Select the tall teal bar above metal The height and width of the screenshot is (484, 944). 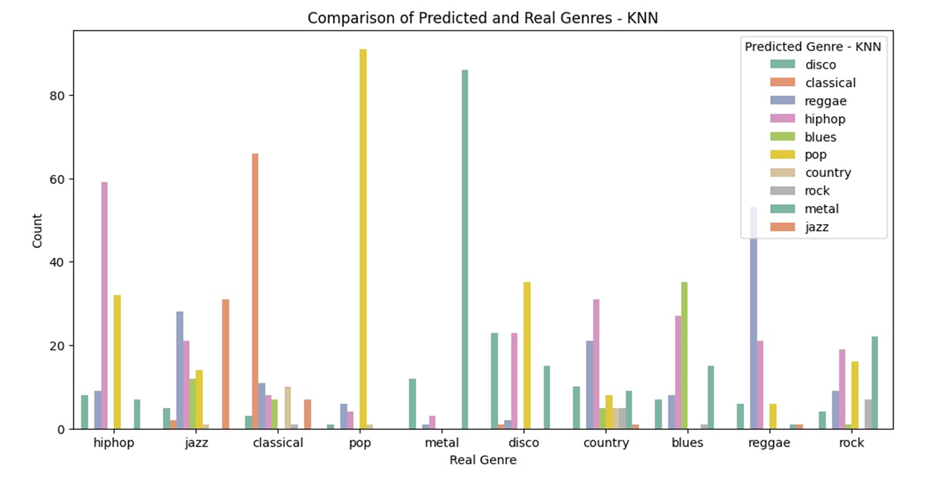tap(465, 249)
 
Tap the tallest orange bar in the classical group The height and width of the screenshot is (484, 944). tap(255, 291)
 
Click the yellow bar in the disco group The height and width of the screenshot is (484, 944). tap(527, 355)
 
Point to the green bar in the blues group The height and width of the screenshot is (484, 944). tap(685, 355)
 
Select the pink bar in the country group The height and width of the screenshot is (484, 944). tap(596, 364)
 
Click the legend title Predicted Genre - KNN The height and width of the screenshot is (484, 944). tap(813, 47)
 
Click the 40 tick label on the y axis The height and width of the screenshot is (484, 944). tap(57, 262)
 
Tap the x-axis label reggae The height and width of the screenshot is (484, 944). tap(769, 443)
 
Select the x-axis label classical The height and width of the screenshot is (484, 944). tap(278, 443)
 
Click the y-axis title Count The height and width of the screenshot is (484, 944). tap(37, 231)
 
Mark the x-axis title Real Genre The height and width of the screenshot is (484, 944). tap(482, 460)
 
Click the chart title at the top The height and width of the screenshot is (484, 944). tap(482, 18)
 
